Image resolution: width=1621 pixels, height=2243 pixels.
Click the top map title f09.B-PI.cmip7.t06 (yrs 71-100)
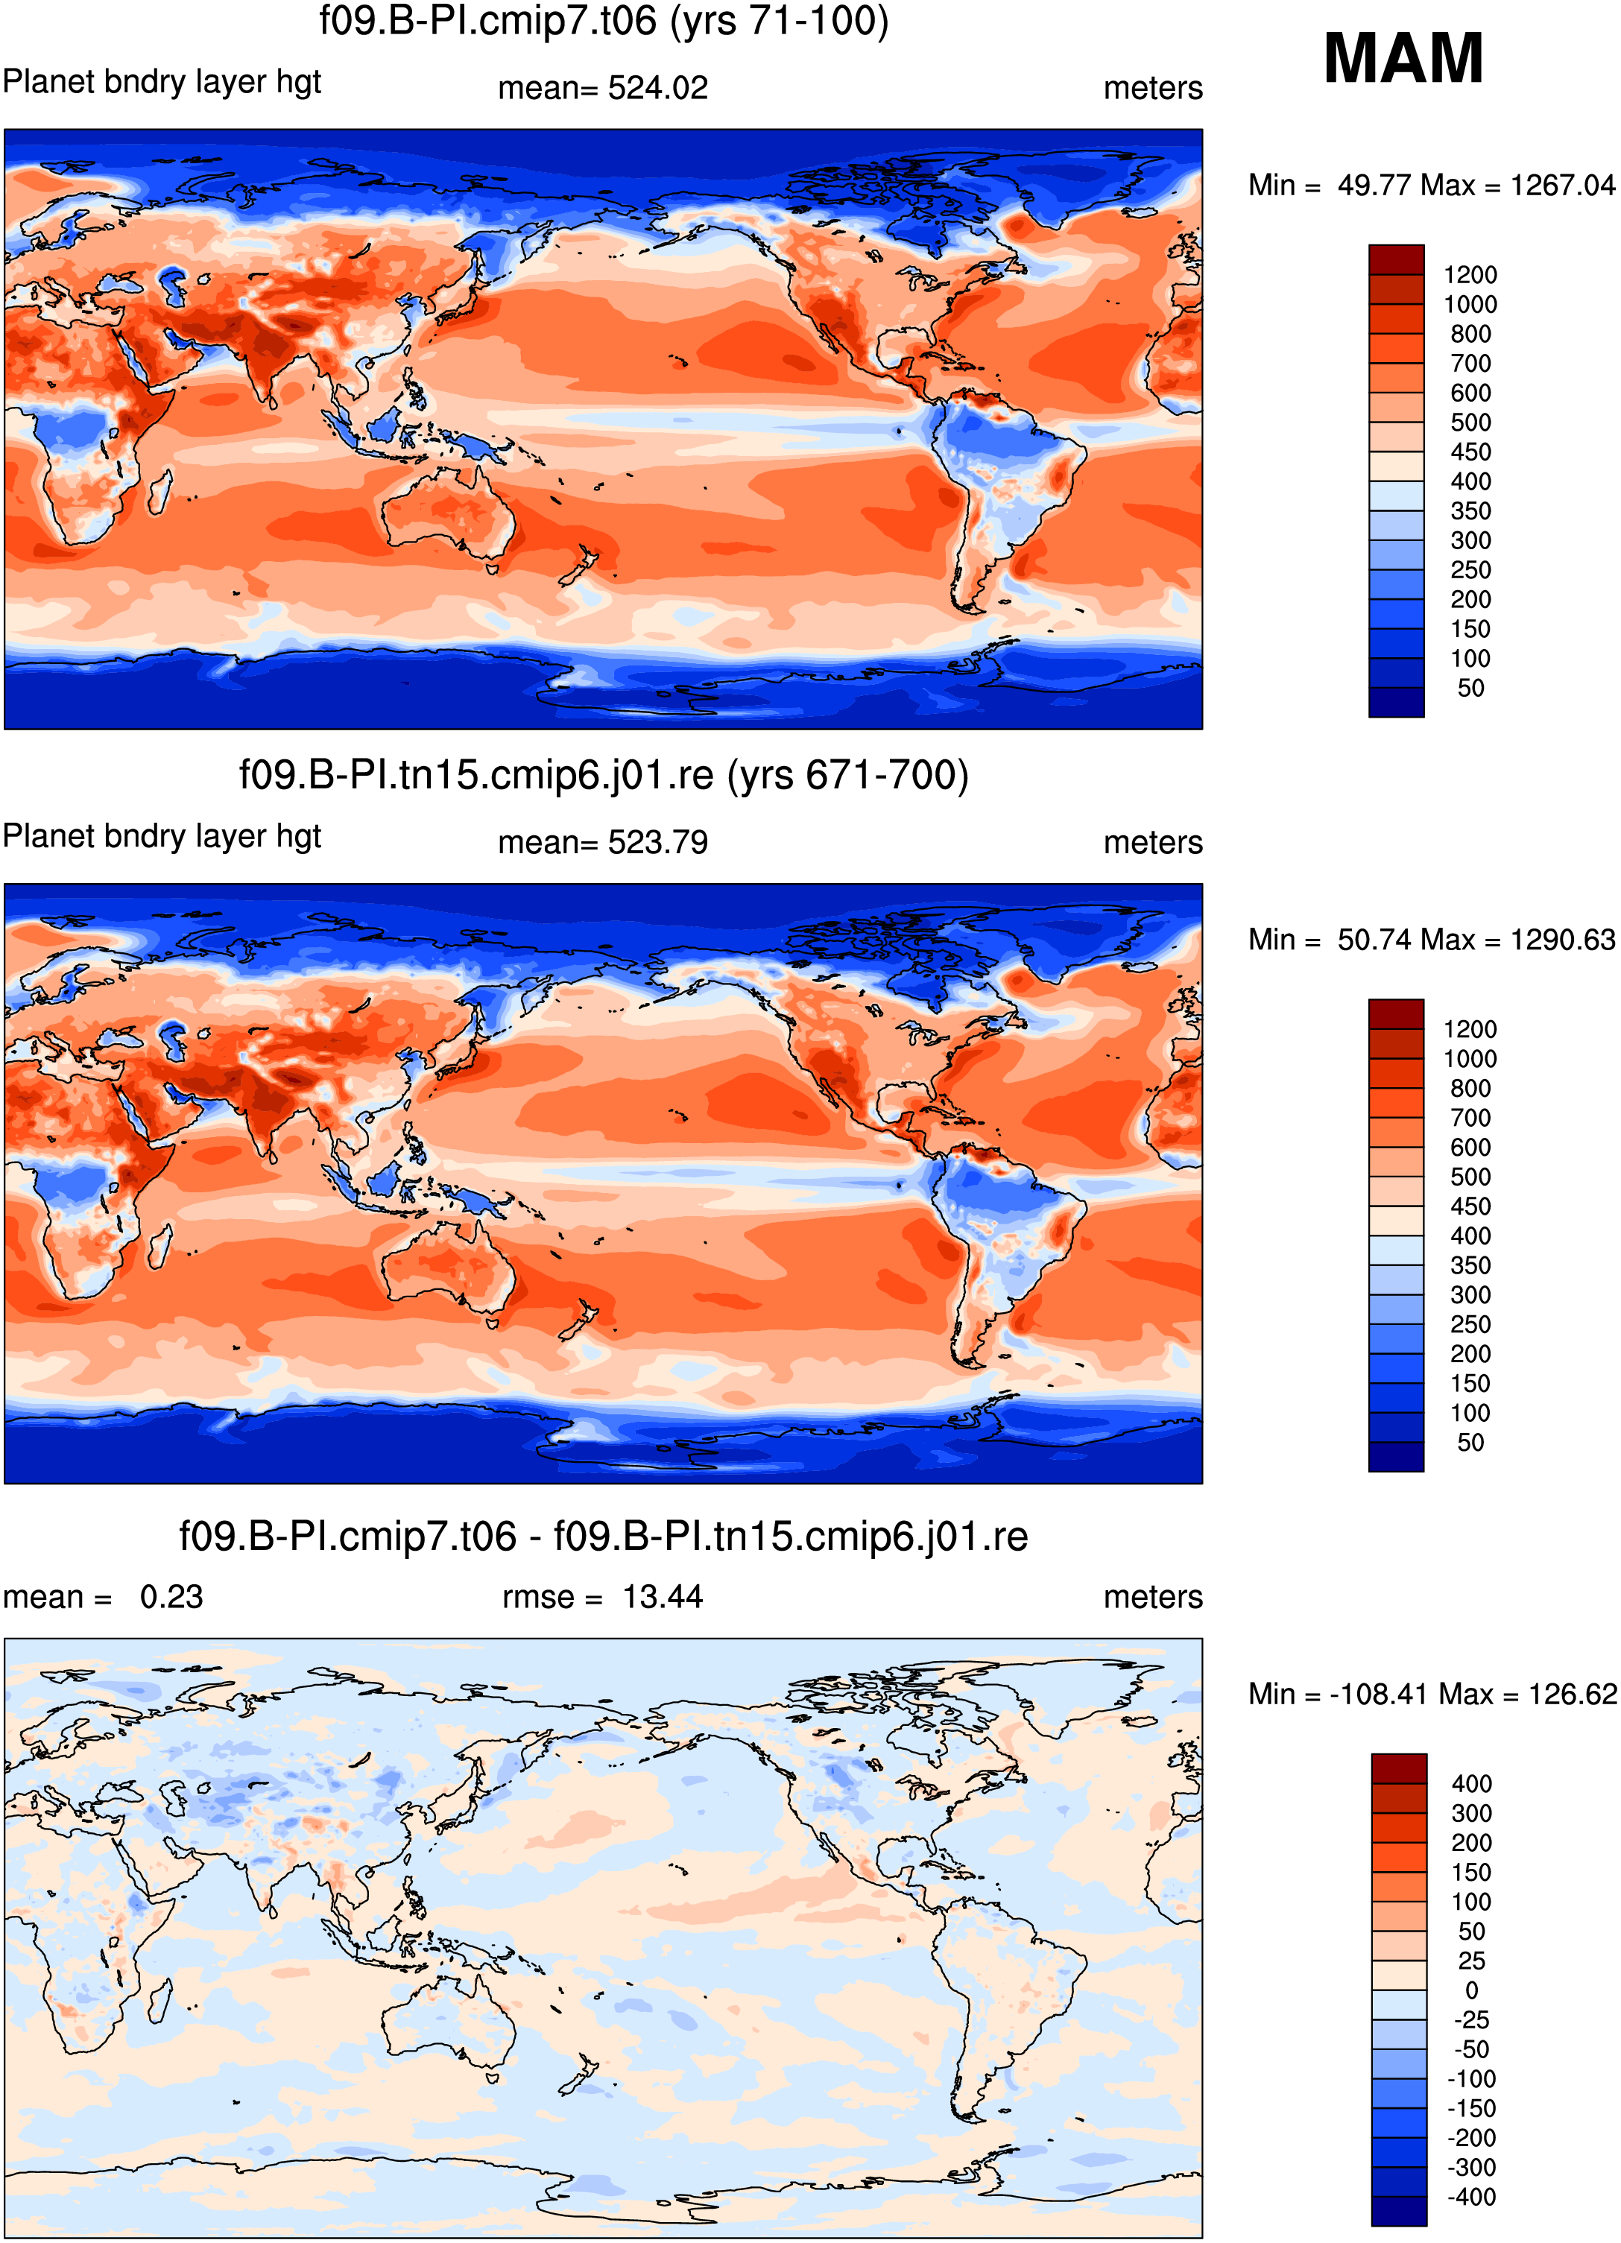pos(603,21)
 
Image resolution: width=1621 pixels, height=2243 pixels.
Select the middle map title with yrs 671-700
pos(603,774)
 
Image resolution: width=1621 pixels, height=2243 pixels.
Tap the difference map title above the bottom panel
pos(603,1536)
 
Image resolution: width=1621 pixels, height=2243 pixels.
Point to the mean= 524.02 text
pos(603,88)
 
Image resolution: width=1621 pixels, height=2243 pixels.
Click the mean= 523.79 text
pos(603,843)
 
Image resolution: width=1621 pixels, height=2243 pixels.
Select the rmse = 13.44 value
pos(602,1597)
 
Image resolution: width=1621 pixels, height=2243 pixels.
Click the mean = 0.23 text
pos(103,1597)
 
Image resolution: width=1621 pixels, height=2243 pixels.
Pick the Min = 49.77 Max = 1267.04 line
pos(1431,185)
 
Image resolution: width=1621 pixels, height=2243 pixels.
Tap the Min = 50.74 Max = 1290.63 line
pos(1431,940)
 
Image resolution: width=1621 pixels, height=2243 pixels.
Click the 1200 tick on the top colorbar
pos(1470,275)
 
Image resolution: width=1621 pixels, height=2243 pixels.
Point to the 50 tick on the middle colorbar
pos(1470,1442)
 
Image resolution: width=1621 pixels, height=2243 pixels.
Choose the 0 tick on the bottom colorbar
pos(1472,1990)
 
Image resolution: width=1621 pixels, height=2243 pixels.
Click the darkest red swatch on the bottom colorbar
pos(1398,1768)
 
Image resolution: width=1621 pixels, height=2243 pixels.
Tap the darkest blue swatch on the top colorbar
pos(1397,702)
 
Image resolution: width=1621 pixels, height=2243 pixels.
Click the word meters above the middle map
pos(1153,843)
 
